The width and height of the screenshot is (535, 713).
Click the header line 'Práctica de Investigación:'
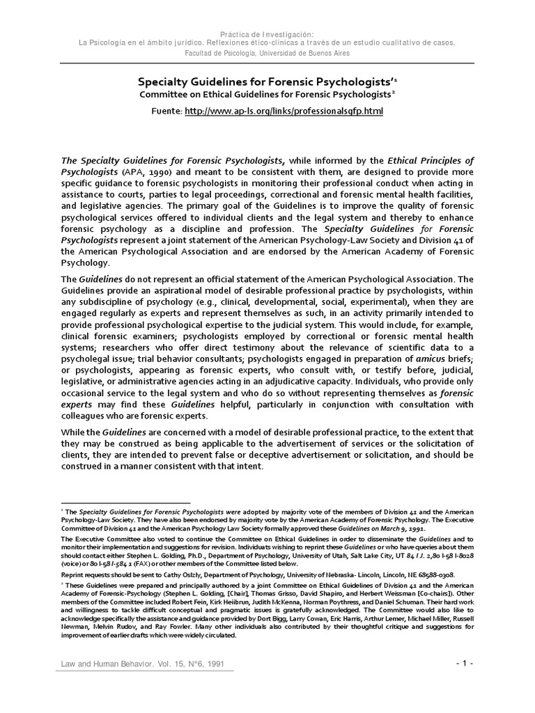(267, 33)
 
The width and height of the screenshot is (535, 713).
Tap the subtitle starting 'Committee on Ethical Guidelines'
(267, 95)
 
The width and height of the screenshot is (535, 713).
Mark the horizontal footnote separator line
(126, 502)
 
